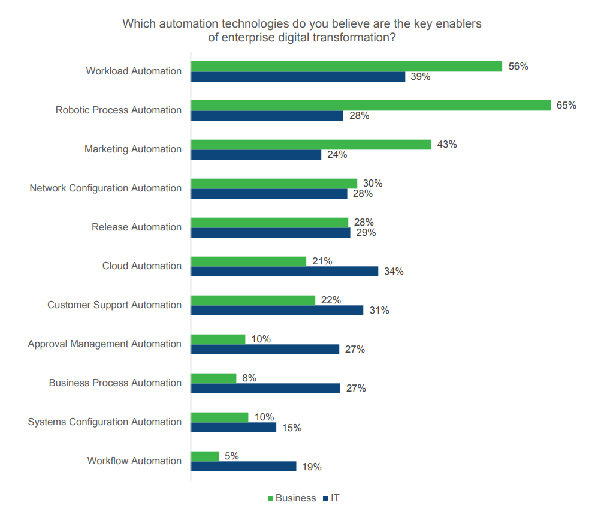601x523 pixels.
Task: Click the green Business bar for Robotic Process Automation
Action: point(371,105)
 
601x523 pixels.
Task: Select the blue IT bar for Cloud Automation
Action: point(285,271)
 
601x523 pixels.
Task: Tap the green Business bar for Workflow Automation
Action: point(205,456)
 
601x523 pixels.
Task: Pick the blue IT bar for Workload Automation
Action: point(298,77)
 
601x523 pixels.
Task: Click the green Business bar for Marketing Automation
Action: point(311,144)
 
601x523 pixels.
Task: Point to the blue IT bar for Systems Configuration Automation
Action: point(234,427)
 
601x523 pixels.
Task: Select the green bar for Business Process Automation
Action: point(214,378)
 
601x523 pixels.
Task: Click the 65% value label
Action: point(566,106)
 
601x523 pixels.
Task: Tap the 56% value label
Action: point(518,67)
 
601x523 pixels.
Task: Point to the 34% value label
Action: point(394,272)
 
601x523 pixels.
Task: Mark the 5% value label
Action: point(231,456)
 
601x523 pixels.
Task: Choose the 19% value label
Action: point(312,467)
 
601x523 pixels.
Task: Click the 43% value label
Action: point(447,145)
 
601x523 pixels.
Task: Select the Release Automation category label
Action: point(137,227)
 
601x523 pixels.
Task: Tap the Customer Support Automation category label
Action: point(114,305)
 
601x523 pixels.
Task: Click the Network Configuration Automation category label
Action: point(105,188)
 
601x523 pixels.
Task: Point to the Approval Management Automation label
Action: point(104,344)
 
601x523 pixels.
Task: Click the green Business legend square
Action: point(270,498)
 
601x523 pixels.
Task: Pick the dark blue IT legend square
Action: point(326,498)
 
